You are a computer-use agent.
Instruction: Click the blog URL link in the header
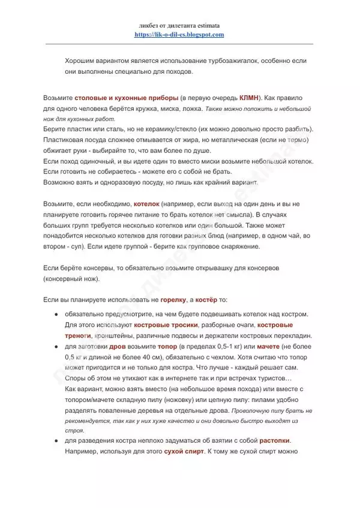(179, 35)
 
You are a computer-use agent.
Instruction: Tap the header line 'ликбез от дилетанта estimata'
(179, 26)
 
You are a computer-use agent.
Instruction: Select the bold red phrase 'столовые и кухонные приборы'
(126, 97)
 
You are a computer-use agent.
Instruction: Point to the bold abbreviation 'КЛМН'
(250, 97)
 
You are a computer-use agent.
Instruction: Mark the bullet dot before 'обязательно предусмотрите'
(56, 314)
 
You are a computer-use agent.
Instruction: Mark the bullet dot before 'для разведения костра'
(56, 441)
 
